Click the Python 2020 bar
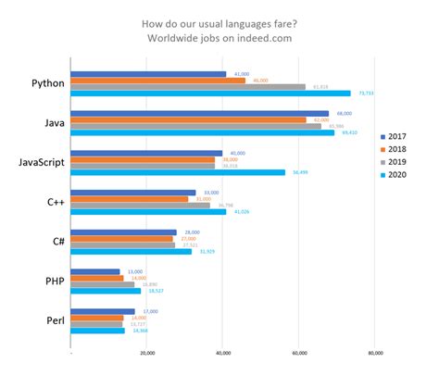pyautogui.click(x=210, y=93)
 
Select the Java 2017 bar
pyautogui.click(x=199, y=113)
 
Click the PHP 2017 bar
pyautogui.click(x=95, y=271)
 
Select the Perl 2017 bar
pyautogui.click(x=103, y=311)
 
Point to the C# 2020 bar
pyautogui.click(x=131, y=251)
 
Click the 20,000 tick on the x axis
pyautogui.click(x=146, y=353)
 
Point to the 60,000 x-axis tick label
pyautogui.click(x=299, y=353)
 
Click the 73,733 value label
pyautogui.click(x=365, y=94)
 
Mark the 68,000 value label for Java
pyautogui.click(x=343, y=113)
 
